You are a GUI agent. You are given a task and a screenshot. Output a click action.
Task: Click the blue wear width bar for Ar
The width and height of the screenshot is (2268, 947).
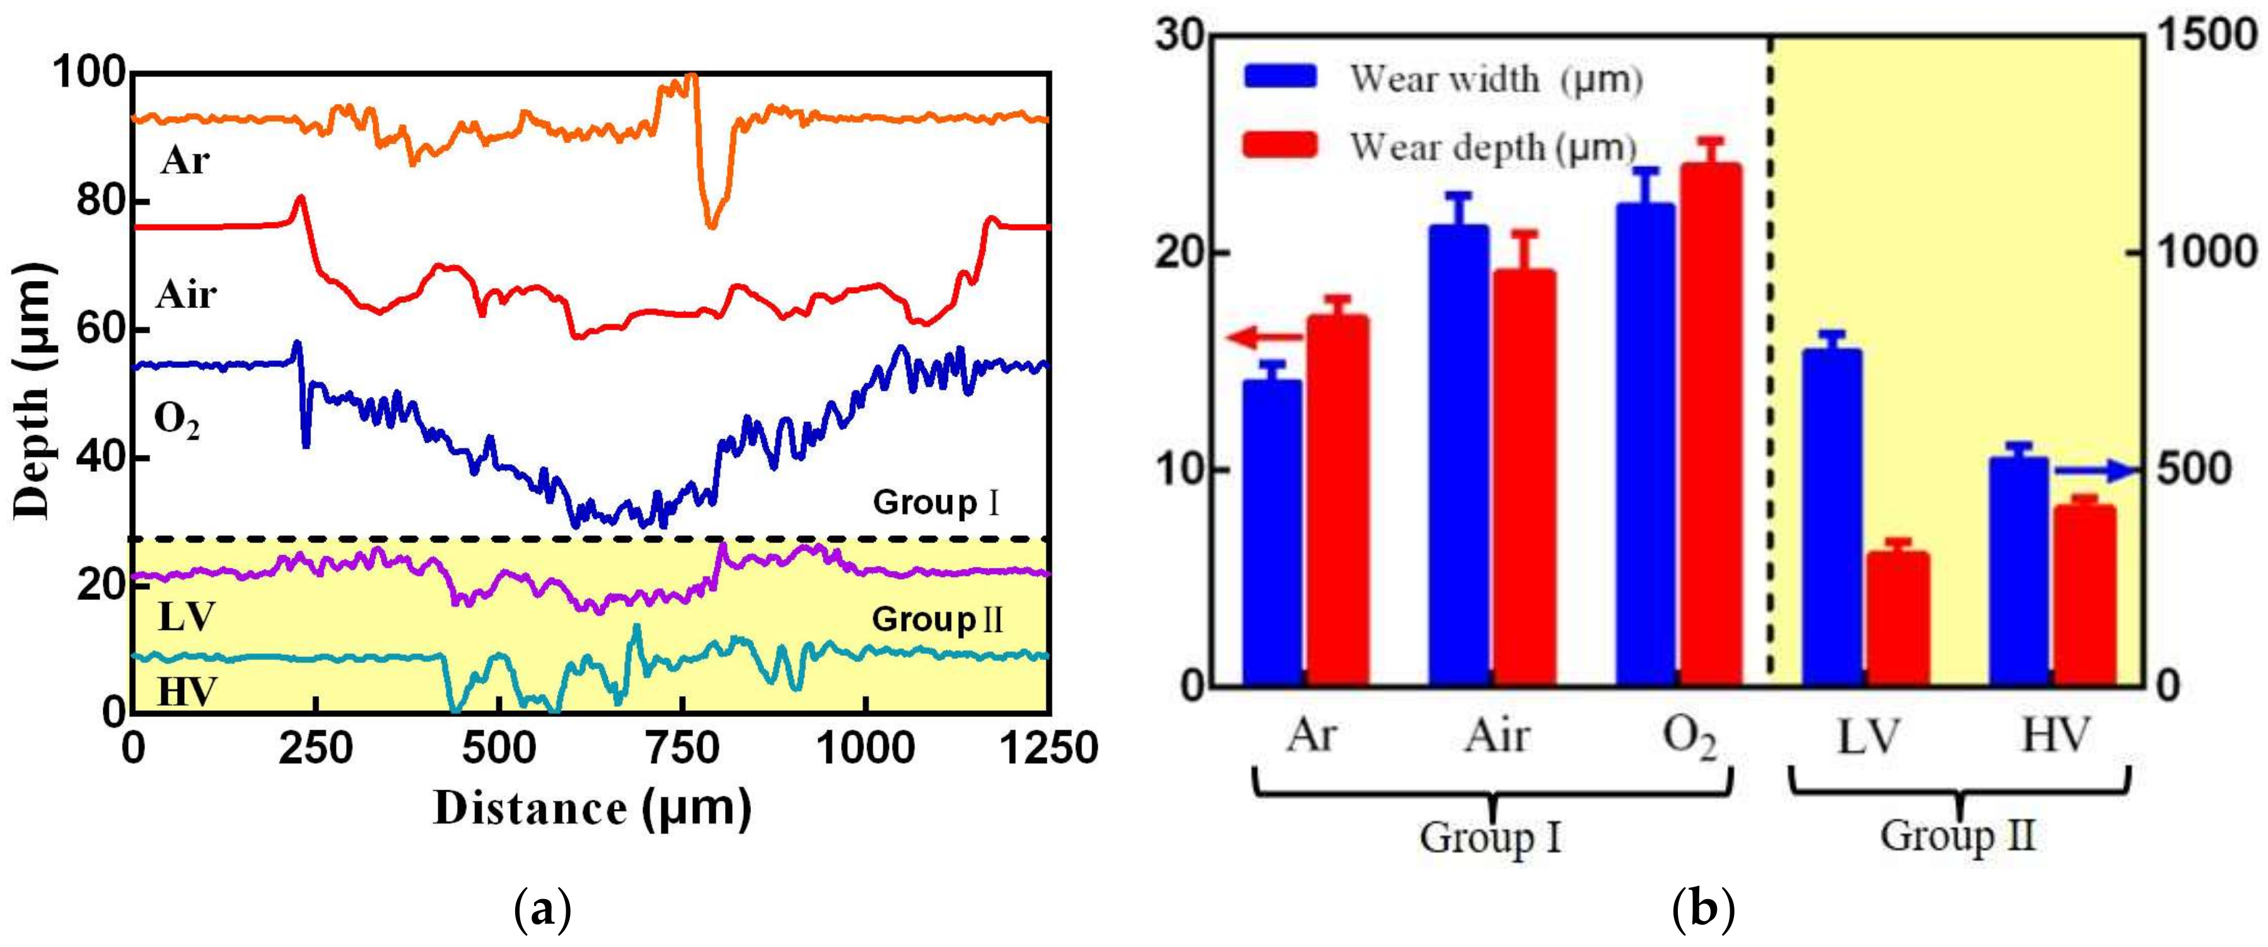1272,532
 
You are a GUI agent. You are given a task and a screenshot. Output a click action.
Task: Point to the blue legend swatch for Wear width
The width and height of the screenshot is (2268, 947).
1281,77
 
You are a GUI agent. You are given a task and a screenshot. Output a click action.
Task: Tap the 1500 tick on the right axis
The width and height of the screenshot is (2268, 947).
2206,37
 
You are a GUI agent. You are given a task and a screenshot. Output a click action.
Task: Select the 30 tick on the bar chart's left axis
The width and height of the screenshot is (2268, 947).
1180,37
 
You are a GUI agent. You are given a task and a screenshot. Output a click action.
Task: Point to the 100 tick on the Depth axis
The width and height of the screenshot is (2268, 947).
89,73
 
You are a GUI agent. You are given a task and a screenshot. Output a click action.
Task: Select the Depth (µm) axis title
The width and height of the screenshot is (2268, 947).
33,392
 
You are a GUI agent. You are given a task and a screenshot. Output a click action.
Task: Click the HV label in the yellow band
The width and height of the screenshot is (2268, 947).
187,692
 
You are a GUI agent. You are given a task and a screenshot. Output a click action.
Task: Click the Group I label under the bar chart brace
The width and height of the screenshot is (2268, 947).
1491,836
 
